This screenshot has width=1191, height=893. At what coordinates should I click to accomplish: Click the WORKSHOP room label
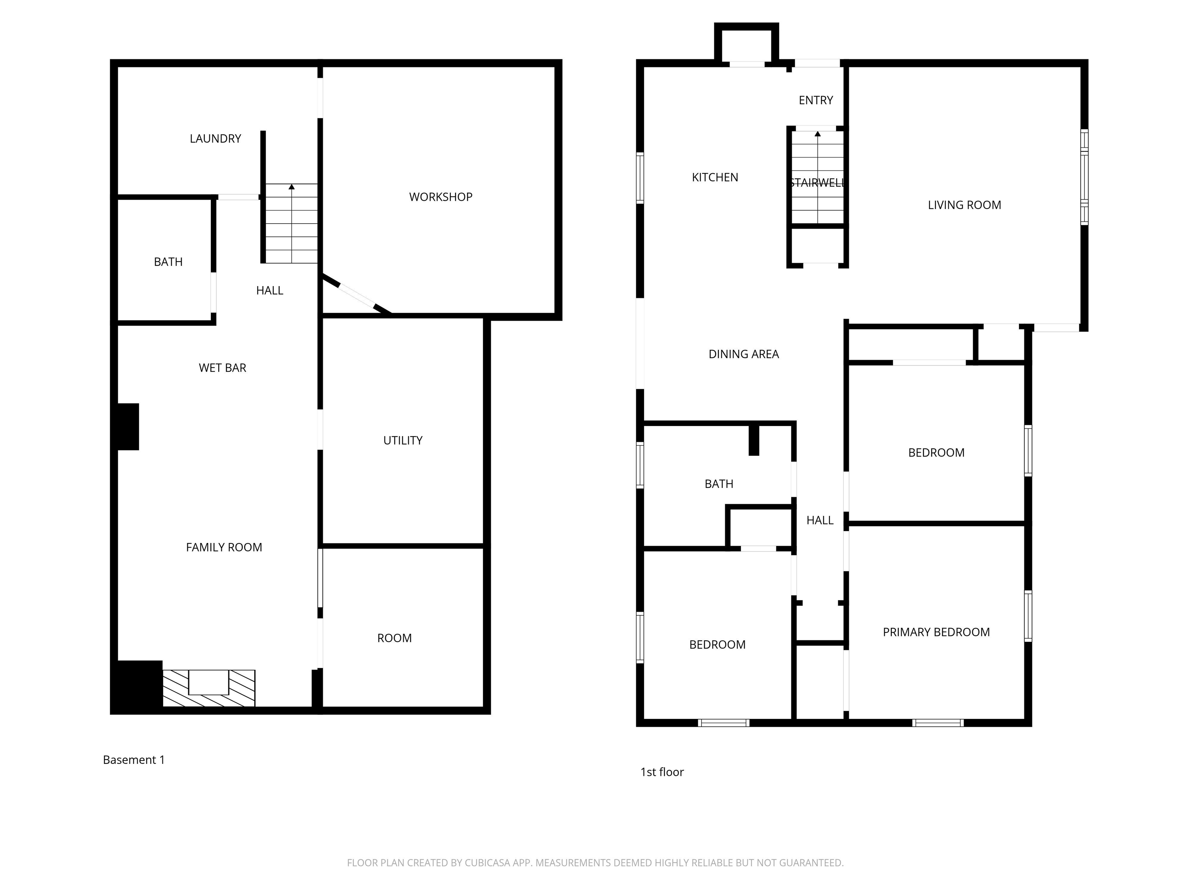click(440, 197)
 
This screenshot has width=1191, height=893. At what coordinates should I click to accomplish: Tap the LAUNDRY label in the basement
click(216, 139)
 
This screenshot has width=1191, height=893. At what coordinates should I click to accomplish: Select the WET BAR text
click(223, 368)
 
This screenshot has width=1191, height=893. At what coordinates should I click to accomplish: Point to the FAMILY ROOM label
click(224, 547)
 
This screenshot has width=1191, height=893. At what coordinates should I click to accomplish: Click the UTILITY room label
click(403, 440)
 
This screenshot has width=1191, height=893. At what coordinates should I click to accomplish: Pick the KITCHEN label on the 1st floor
click(715, 178)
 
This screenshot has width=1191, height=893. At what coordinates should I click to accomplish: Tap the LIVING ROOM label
click(964, 205)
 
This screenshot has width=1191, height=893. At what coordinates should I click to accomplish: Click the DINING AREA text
click(744, 354)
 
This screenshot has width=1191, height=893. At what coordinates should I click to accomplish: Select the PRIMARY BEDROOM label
click(936, 633)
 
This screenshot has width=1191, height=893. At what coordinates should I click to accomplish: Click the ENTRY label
click(816, 100)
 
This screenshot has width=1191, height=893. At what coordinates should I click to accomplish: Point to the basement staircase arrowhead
click(291, 187)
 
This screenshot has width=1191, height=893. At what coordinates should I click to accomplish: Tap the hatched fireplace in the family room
click(209, 688)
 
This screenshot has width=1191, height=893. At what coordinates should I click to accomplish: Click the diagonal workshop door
click(356, 295)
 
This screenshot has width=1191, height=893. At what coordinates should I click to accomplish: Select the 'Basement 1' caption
click(133, 760)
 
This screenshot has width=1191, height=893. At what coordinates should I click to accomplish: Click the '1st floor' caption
click(662, 772)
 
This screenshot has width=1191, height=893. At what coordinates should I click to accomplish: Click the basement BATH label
click(168, 262)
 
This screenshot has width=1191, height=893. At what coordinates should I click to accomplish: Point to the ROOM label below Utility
click(394, 638)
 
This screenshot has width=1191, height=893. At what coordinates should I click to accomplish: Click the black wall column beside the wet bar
click(128, 426)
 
